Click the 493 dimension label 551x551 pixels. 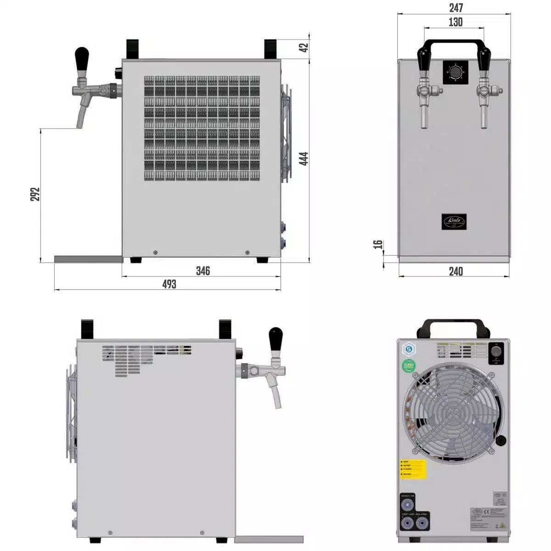click(x=169, y=284)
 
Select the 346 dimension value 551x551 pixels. click(x=202, y=271)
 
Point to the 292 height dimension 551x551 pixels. click(x=35, y=194)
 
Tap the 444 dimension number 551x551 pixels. click(x=303, y=158)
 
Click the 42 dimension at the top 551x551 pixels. click(x=304, y=47)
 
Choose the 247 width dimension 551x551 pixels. click(x=455, y=8)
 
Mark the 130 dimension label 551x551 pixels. click(x=455, y=22)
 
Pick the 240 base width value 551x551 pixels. click(x=455, y=271)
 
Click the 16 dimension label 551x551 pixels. click(x=378, y=244)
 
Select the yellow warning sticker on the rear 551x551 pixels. click(x=413, y=469)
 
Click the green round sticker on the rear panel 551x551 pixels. click(x=408, y=366)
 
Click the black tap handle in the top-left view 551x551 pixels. click(x=82, y=59)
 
